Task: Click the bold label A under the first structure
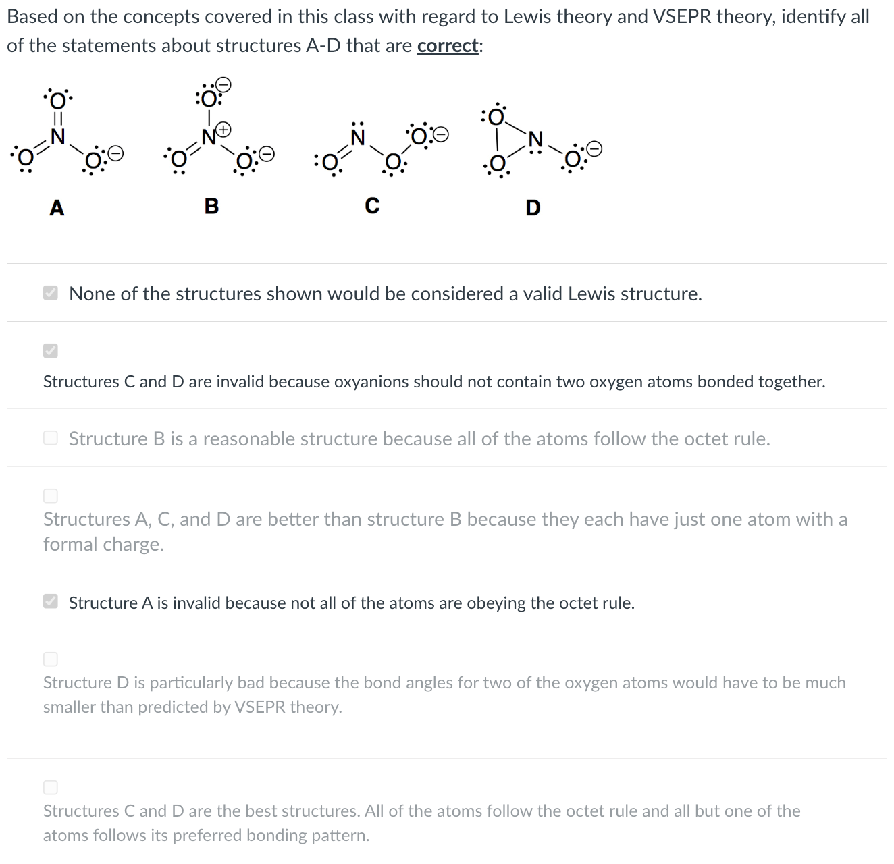[x=57, y=207]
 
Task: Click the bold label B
[x=211, y=205]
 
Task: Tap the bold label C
[x=372, y=205]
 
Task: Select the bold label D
[x=533, y=207]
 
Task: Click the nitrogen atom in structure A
[x=58, y=136]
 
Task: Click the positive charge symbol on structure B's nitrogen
[x=223, y=128]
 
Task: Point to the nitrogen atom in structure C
[x=359, y=138]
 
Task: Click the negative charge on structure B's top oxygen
[x=225, y=84]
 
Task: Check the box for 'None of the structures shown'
[x=51, y=293]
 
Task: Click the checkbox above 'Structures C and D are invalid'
[x=51, y=350]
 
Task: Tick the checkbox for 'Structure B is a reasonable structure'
[x=51, y=438]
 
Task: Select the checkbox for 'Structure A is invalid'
[x=51, y=601]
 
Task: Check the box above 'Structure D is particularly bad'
[x=51, y=659]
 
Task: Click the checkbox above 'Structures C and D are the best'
[x=51, y=787]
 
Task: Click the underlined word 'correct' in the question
[x=448, y=46]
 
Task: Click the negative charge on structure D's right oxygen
[x=594, y=147]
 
